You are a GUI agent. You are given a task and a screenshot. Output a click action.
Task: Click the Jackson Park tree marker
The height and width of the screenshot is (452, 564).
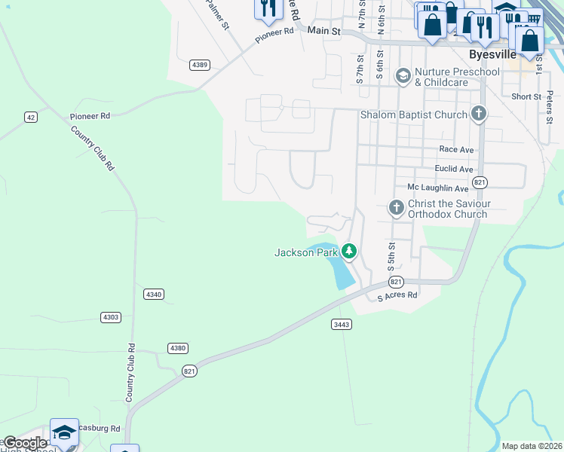click(348, 251)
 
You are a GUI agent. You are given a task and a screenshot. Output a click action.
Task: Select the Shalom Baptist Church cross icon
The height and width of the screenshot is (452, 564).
click(478, 115)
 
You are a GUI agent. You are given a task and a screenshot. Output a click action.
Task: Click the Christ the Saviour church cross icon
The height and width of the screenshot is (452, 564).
click(396, 208)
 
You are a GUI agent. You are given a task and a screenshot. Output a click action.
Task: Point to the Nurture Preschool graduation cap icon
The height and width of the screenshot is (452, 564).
click(403, 75)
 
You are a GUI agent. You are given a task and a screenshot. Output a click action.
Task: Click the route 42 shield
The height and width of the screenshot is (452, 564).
click(30, 117)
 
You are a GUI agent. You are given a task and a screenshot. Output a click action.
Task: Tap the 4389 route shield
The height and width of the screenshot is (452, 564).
click(200, 65)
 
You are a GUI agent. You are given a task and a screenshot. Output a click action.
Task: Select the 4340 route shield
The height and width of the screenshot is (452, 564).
click(153, 294)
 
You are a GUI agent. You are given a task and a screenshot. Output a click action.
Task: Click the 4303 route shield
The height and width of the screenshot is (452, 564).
click(111, 317)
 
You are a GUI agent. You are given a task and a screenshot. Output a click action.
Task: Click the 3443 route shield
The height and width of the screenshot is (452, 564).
click(342, 324)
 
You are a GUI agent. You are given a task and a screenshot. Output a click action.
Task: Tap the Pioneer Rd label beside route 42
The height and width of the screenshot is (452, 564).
click(90, 117)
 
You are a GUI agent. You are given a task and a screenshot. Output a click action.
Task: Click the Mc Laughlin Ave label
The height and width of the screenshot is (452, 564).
click(437, 188)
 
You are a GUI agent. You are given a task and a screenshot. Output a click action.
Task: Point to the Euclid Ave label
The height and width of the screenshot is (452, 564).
click(454, 169)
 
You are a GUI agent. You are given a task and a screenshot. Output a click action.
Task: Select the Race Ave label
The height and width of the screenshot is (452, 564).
click(456, 150)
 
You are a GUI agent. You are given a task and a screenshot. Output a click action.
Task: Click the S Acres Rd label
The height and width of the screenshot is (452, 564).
click(397, 296)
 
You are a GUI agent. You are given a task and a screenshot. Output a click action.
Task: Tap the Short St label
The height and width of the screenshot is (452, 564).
click(526, 96)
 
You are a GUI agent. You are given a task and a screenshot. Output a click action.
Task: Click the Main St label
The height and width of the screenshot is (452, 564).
click(324, 31)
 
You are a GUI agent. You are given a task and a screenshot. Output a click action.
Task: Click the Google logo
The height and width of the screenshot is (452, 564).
click(25, 442)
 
